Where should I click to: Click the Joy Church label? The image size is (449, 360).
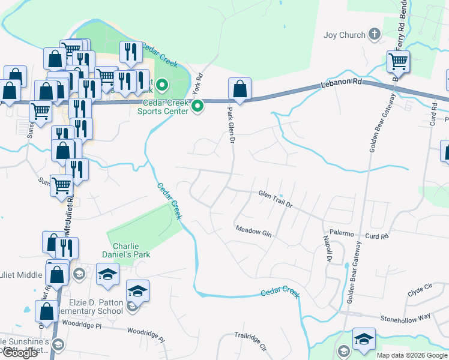pyautogui.click(x=344, y=35)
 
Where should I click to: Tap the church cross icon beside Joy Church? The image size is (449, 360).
pyautogui.click(x=375, y=34)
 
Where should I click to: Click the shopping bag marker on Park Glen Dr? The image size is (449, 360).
pyautogui.click(x=240, y=90)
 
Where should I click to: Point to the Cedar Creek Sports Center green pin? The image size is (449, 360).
pyautogui.click(x=199, y=107)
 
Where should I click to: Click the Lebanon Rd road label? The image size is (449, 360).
pyautogui.click(x=351, y=80)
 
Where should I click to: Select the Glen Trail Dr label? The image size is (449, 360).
pyautogui.click(x=275, y=199)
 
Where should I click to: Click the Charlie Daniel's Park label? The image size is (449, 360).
pyautogui.click(x=131, y=250)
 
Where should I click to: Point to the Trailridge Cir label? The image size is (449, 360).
pyautogui.click(x=250, y=343)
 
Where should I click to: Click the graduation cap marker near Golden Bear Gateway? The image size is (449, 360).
pyautogui.click(x=363, y=340)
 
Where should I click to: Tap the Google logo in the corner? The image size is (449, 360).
pyautogui.click(x=20, y=352)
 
